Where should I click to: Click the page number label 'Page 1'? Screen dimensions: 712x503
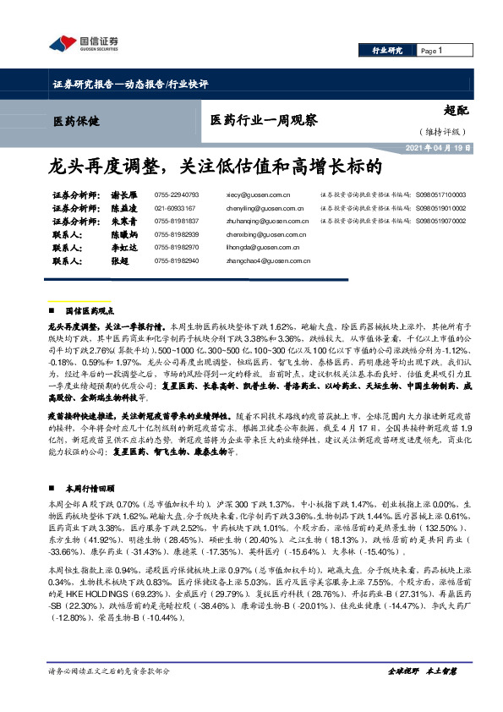[x=432, y=51]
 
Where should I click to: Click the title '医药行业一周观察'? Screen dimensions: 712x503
[x=263, y=121]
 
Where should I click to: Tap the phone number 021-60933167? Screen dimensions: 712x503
[x=175, y=207]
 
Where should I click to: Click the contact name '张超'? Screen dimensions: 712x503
[x=121, y=261]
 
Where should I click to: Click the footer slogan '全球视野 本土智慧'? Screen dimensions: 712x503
[x=422, y=693]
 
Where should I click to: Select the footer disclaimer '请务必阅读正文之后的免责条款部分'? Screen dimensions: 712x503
[x=110, y=693]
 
